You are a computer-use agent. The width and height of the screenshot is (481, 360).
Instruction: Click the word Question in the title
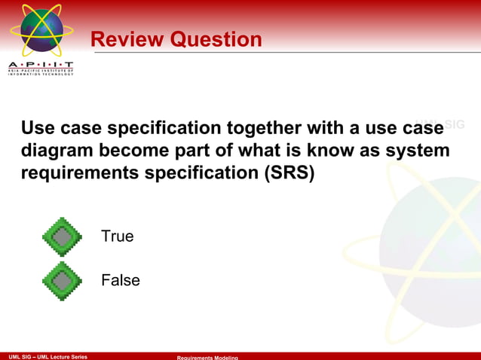coord(216,39)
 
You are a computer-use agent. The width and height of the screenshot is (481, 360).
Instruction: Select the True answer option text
coord(118,236)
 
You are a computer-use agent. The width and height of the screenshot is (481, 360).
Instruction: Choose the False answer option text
coord(121,280)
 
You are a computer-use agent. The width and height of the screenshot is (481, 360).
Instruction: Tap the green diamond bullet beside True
coord(62,237)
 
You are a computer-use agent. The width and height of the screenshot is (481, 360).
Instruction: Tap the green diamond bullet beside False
coord(62,281)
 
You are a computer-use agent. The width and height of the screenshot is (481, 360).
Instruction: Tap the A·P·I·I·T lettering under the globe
coord(41,66)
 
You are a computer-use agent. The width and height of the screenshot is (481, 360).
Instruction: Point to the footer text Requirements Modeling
coord(207,357)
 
